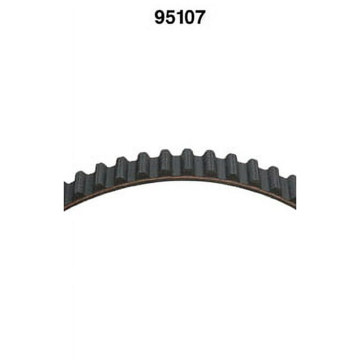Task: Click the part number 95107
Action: (179, 17)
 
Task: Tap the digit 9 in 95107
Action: (160, 17)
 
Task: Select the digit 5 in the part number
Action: (170, 17)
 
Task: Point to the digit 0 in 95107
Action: (189, 17)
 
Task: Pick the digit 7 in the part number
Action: (199, 17)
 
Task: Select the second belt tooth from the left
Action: (101, 174)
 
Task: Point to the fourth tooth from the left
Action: (143, 164)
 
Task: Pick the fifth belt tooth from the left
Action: (165, 161)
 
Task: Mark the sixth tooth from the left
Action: (187, 161)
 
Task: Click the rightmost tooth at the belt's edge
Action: (292, 185)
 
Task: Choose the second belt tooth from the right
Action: (274, 177)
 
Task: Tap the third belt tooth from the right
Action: (252, 171)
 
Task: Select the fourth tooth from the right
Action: (231, 166)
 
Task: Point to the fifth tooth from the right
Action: (209, 162)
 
